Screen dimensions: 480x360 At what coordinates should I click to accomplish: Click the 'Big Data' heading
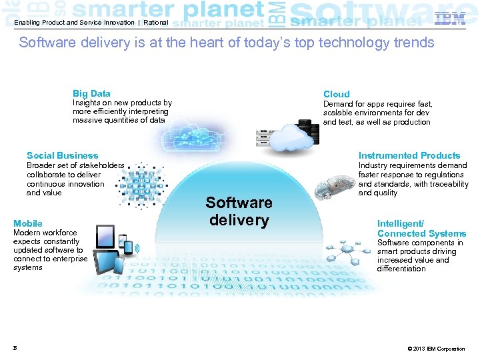click(x=91, y=93)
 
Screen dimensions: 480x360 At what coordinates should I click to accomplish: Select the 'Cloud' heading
click(x=336, y=94)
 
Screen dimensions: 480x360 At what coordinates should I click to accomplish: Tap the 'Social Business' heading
click(x=62, y=155)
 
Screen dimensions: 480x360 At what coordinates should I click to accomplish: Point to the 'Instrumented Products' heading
click(x=409, y=155)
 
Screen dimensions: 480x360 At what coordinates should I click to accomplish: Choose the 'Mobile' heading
click(x=28, y=223)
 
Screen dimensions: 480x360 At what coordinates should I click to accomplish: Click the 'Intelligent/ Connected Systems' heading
click(x=421, y=228)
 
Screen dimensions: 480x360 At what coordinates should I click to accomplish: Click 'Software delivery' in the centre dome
click(x=239, y=211)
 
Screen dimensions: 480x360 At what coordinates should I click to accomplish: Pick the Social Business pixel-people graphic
click(x=139, y=183)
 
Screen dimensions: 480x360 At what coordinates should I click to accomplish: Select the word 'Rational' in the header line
click(x=155, y=23)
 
